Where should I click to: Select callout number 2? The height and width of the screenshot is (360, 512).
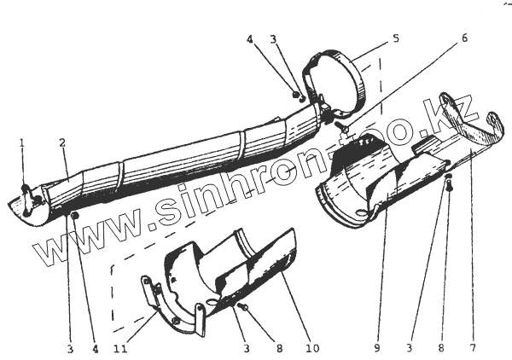pyautogui.click(x=62, y=143)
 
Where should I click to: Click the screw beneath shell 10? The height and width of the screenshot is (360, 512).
pyautogui.click(x=243, y=306)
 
